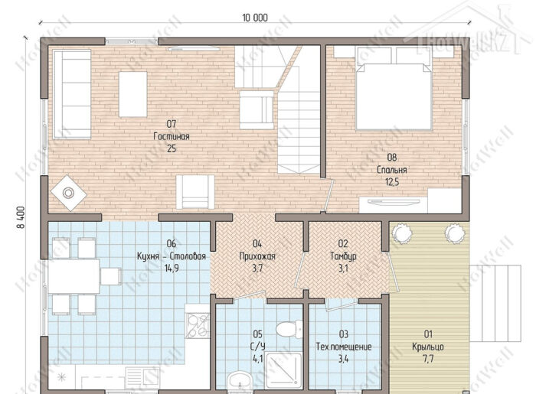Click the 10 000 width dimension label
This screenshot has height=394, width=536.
tap(255, 18)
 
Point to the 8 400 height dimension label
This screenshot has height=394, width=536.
tap(20, 217)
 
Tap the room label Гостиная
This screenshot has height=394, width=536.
tap(172, 137)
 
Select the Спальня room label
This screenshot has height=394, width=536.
tap(392, 170)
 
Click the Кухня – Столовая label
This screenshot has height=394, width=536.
tap(172, 256)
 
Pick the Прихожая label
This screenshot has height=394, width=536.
tap(257, 256)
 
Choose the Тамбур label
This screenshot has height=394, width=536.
tap(343, 256)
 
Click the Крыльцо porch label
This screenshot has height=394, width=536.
tap(428, 347)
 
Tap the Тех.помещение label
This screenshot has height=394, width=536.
tap(344, 347)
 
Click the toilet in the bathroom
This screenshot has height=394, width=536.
tap(289, 329)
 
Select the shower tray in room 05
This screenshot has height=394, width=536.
tap(284, 371)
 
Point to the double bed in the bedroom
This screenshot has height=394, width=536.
tap(394, 89)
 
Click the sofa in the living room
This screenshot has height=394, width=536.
tap(71, 94)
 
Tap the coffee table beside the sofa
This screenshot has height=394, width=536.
tap(132, 94)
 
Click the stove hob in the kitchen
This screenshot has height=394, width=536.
tap(198, 325)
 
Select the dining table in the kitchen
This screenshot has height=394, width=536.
tap(74, 276)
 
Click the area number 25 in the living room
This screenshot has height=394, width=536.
tap(172, 149)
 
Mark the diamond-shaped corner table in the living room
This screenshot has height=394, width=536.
tap(68, 193)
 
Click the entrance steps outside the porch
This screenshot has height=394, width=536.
tap(495, 303)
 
